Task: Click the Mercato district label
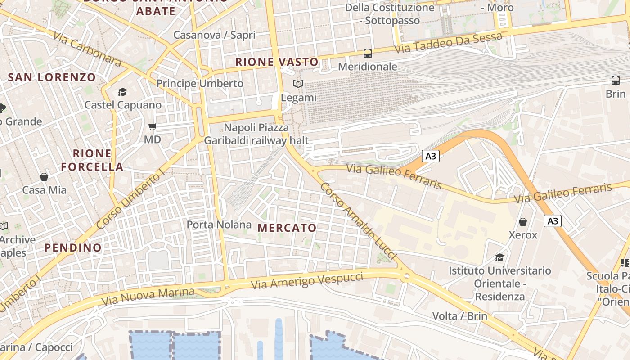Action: click(287, 228)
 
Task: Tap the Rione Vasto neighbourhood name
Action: click(277, 62)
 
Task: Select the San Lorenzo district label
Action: click(52, 77)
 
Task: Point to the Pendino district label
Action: click(73, 247)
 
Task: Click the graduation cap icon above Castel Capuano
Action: click(122, 92)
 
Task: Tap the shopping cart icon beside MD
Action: click(153, 127)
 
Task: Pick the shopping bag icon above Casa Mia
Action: click(44, 177)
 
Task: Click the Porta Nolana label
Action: click(219, 225)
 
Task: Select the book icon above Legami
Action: click(298, 84)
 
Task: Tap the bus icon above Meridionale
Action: click(368, 54)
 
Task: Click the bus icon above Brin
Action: click(616, 81)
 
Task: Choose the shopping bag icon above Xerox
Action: click(523, 222)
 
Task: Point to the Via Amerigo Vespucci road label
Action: click(307, 281)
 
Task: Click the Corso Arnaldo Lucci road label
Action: click(358, 220)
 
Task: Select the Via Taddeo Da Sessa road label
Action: click(448, 43)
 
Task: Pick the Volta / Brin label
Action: click(459, 316)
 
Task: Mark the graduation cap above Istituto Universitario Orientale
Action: click(499, 257)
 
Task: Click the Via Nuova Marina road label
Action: click(148, 296)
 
